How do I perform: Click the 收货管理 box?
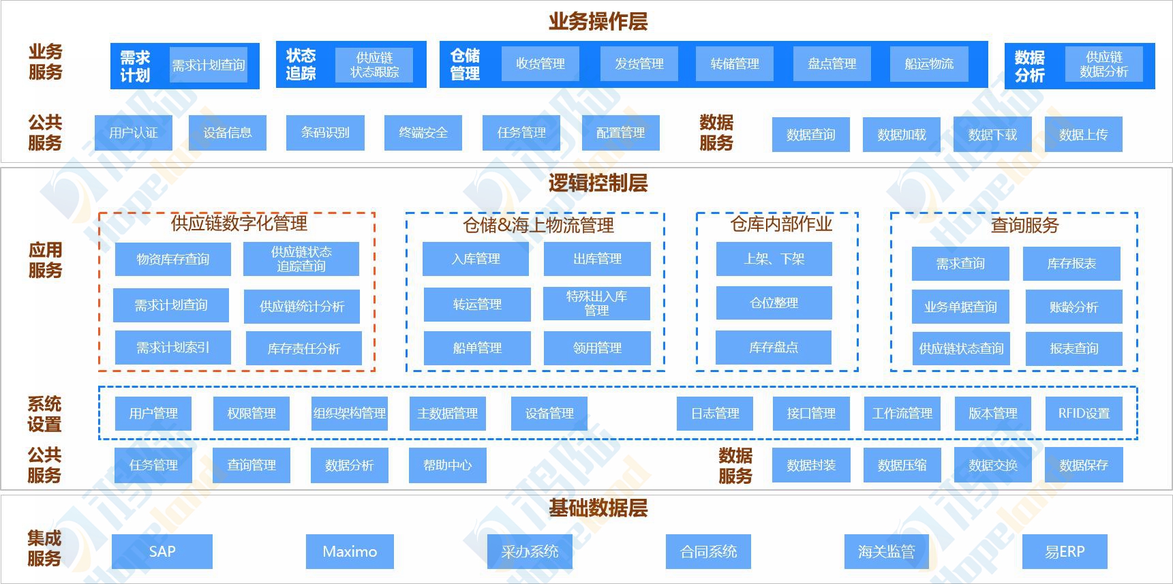(x=540, y=64)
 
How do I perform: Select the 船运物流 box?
(x=929, y=64)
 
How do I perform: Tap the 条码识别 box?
(x=325, y=133)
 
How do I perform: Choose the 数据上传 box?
(x=1083, y=135)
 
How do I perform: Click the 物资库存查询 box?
(x=172, y=260)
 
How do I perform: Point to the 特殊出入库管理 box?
(x=596, y=303)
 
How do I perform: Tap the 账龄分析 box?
(x=1073, y=307)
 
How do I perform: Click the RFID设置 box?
(x=1084, y=414)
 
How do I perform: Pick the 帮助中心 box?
(x=447, y=465)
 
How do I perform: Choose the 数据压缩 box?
(x=902, y=465)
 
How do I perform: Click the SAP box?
(x=162, y=552)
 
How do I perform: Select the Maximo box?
(x=350, y=552)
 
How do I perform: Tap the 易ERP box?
(x=1065, y=552)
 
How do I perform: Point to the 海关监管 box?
(x=886, y=552)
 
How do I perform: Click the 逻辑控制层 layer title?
(x=598, y=183)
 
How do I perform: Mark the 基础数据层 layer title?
(x=598, y=508)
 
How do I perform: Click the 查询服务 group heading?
(x=1024, y=225)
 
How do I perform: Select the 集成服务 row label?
(x=44, y=549)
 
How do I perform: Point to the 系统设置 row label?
(x=44, y=414)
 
